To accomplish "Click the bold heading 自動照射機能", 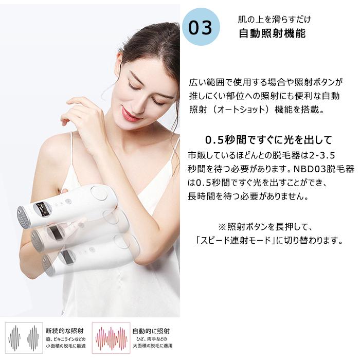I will pos(272,34).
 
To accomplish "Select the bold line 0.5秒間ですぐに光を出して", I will pos(268,140).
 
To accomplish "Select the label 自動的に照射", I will pos(151,331).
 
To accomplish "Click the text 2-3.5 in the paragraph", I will pos(323,155).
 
